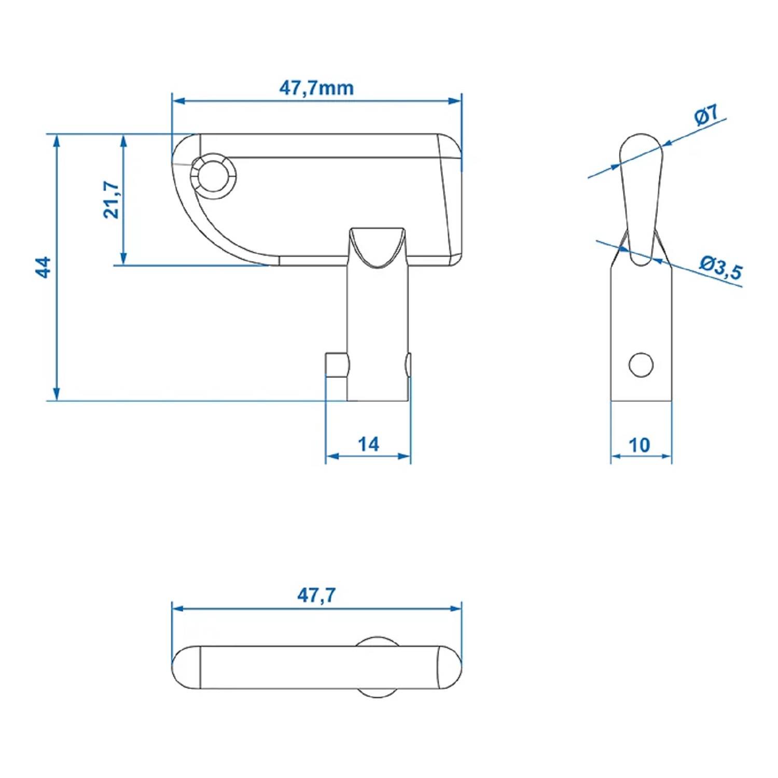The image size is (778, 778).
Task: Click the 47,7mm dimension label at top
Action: [x=316, y=88]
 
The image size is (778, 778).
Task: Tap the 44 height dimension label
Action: [x=44, y=267]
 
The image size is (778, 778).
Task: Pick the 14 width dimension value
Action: [x=368, y=444]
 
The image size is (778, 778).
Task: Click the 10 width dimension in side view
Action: [x=639, y=445]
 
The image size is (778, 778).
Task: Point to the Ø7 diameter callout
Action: [x=706, y=115]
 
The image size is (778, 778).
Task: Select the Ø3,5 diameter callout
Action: [x=720, y=267]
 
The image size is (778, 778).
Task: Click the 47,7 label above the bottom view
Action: [x=316, y=595]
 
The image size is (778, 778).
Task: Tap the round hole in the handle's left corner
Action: [x=213, y=176]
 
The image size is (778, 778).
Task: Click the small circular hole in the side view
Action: [x=641, y=365]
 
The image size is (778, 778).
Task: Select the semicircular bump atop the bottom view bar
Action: [x=377, y=641]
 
